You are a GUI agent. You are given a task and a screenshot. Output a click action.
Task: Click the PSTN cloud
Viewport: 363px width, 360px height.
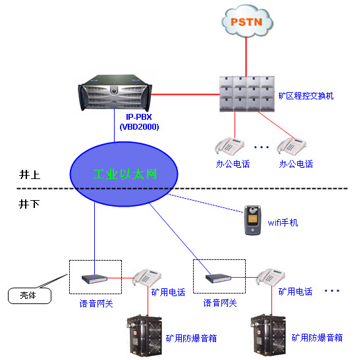pyautogui.click(x=248, y=21)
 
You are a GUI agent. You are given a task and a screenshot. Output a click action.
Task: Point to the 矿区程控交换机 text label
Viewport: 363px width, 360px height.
pyautogui.click(x=306, y=96)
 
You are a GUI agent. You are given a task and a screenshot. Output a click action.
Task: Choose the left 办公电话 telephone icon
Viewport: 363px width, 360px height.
pyautogui.click(x=225, y=145)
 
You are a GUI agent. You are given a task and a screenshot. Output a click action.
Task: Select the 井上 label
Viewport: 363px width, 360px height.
pyautogui.click(x=30, y=175)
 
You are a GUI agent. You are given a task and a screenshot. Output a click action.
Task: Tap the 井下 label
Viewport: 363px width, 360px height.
pyautogui.click(x=30, y=204)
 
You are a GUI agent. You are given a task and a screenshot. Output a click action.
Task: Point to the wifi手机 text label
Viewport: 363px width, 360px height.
pyautogui.click(x=281, y=223)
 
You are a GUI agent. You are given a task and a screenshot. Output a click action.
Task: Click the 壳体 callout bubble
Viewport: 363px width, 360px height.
pyautogui.click(x=26, y=296)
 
